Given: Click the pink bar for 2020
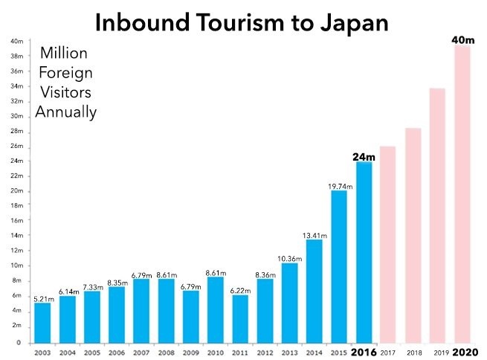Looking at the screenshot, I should click(462, 193).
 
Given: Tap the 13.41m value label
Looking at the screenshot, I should click(314, 234).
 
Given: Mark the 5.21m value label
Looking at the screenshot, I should click(43, 298).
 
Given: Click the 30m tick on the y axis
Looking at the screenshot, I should click(17, 116).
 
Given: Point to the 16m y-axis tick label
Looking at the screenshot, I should click(17, 221).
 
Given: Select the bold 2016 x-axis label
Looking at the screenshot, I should click(364, 351).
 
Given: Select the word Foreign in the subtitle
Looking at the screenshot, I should click(65, 73).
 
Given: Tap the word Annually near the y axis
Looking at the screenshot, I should click(65, 113).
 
